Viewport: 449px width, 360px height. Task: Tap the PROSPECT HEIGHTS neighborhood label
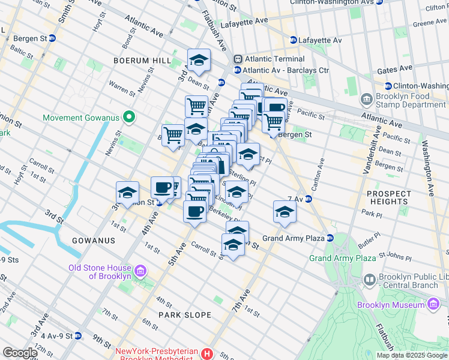[389, 197]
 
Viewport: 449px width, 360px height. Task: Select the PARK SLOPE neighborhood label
[185, 315]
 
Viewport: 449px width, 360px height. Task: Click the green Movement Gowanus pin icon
[127, 116]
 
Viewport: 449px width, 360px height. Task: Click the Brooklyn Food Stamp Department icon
[366, 98]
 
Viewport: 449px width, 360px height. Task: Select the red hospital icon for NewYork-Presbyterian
[207, 354]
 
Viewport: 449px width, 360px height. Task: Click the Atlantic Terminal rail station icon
[238, 59]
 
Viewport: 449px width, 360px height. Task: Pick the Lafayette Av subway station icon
[293, 40]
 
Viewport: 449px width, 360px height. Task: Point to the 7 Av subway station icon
[309, 199]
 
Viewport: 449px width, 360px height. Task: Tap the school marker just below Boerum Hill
[199, 61]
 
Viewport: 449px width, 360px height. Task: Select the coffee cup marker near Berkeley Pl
[194, 212]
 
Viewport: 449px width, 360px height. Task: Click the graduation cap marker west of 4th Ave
[127, 193]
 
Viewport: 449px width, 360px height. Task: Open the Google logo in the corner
[20, 353]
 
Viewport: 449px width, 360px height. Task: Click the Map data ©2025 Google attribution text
[412, 355]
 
